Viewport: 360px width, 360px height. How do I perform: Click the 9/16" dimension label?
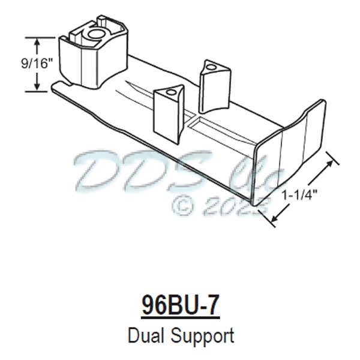click(x=18, y=62)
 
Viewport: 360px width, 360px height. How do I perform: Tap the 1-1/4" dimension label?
click(x=298, y=194)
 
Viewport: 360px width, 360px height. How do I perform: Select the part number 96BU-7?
click(x=180, y=305)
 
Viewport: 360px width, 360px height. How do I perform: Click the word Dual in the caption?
click(x=146, y=334)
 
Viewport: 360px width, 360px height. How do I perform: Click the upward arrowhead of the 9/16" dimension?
click(x=38, y=41)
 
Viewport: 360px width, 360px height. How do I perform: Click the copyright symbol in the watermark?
click(x=182, y=205)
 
